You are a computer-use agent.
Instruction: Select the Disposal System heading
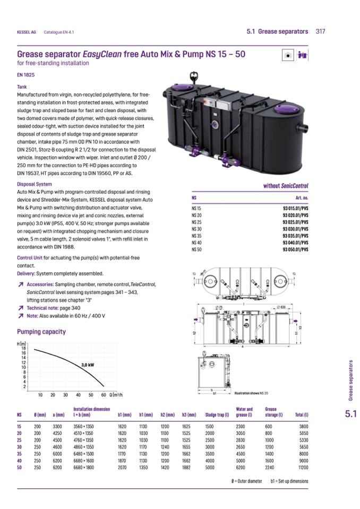35,184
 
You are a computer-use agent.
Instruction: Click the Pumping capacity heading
41,332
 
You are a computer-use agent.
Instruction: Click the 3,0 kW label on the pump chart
88,365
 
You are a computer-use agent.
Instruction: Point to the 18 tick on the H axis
23,348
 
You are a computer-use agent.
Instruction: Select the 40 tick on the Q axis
78,395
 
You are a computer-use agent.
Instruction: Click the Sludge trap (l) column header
217,414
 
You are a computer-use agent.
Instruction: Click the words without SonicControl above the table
286,186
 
